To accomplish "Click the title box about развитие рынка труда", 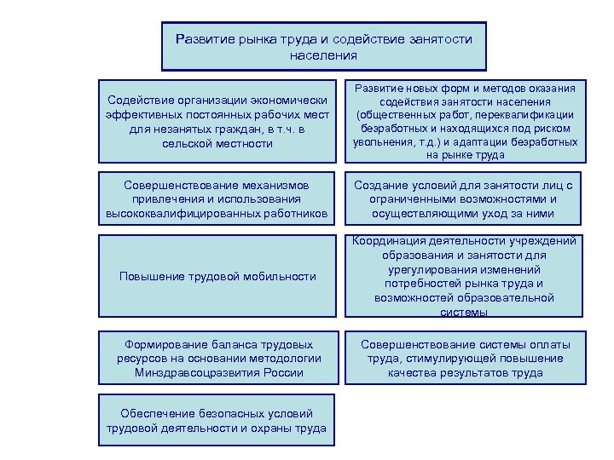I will (x=323, y=46).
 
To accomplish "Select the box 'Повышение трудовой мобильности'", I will (x=217, y=276).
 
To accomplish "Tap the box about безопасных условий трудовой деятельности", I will (x=217, y=420).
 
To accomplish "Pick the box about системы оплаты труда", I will (x=465, y=358).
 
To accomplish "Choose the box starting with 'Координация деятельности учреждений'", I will (x=465, y=276).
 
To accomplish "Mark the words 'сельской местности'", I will (x=217, y=144).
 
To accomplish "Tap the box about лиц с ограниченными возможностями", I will (x=465, y=199).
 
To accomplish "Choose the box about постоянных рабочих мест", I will (x=217, y=123).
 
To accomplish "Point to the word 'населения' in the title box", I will (x=323, y=55).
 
